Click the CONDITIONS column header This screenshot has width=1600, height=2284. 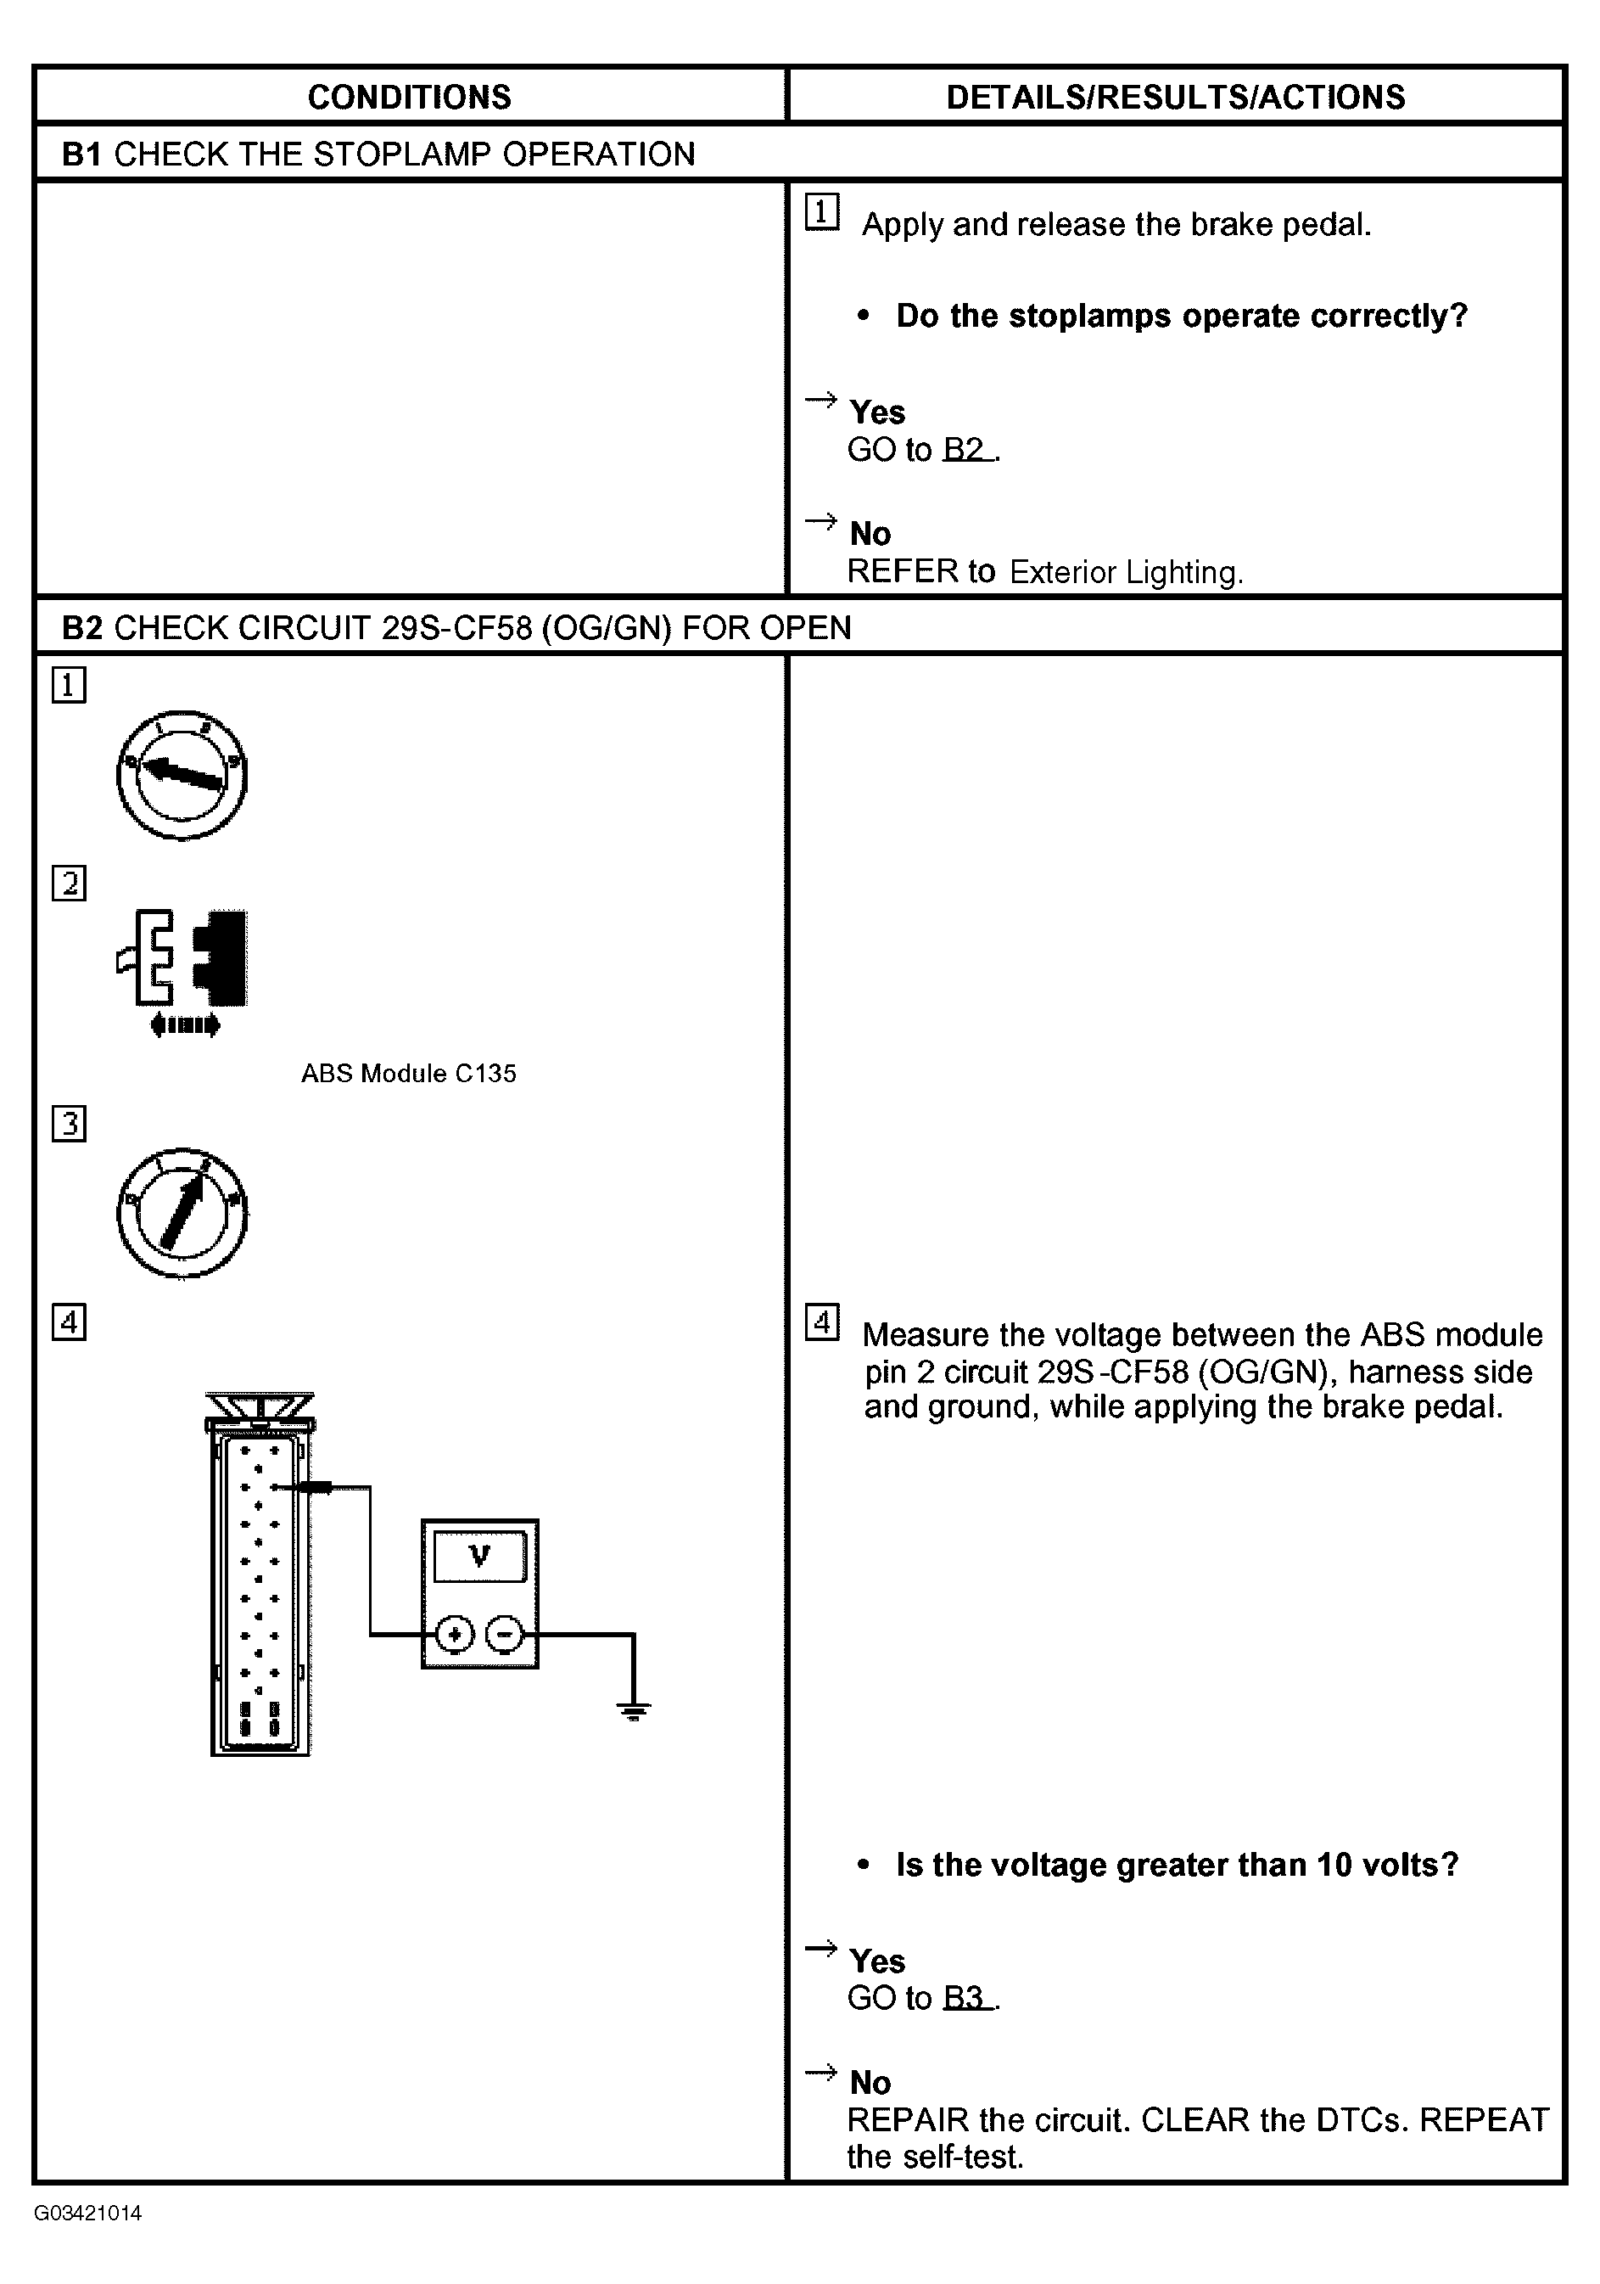coord(409,97)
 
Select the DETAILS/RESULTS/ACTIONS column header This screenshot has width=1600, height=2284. coord(1175,97)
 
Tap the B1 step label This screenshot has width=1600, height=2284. coord(81,154)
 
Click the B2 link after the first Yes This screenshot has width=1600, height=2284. coord(965,450)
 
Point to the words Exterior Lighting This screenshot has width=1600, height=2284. coord(1126,572)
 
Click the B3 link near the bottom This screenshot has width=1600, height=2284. coord(965,1999)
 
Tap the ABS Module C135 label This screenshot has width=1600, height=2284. coord(409,1074)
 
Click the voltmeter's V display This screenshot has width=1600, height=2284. coord(480,1556)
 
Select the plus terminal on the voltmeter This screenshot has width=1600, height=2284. coord(456,1633)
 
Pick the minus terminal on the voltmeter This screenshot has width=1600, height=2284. coord(505,1633)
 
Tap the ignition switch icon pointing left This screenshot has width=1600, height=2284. coord(181,775)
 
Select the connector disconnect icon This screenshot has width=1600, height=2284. coord(182,958)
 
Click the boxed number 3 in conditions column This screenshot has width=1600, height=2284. coord(69,1123)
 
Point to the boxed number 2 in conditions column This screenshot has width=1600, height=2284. coord(69,884)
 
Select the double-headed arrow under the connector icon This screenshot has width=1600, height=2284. coord(185,1024)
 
